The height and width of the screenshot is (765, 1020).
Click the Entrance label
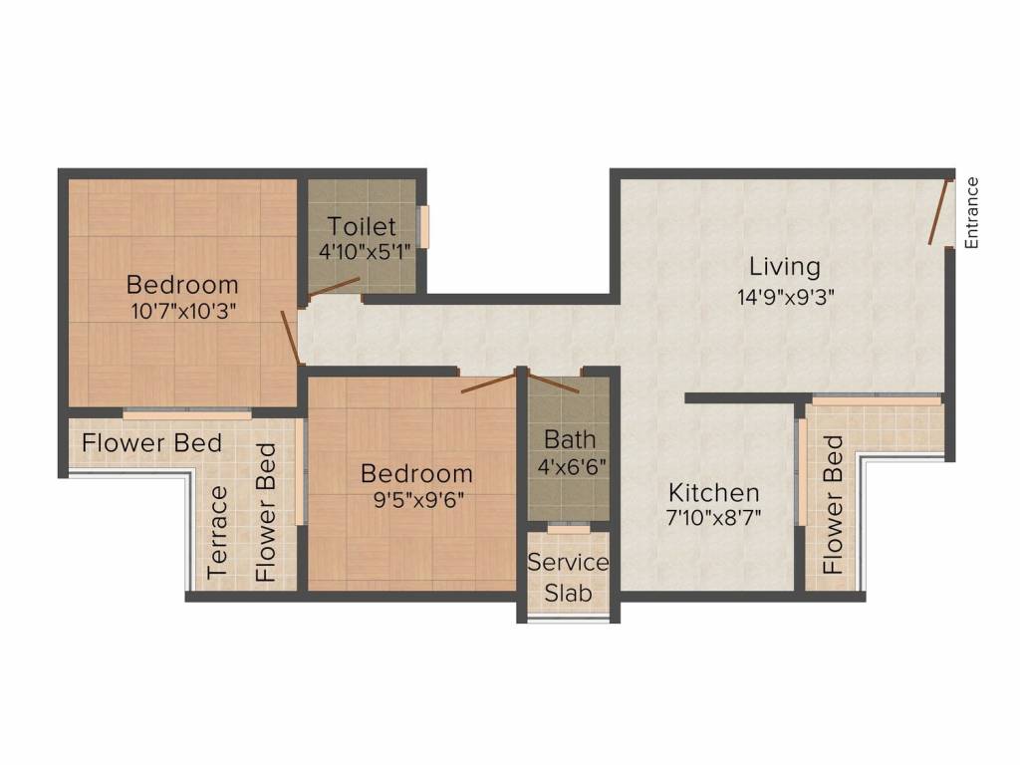(x=971, y=213)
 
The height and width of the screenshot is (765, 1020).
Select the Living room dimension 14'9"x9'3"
(x=785, y=297)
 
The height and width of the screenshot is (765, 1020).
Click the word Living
(x=785, y=267)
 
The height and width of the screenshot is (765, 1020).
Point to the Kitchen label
(x=713, y=492)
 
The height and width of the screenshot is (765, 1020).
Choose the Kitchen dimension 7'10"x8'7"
(x=714, y=518)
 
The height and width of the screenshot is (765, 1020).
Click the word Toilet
(x=362, y=226)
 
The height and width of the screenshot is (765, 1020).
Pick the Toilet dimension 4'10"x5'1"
(x=367, y=252)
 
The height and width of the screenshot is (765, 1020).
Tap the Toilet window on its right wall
(x=423, y=227)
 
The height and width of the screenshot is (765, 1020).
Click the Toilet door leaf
(x=333, y=287)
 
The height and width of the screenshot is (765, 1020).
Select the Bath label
(x=570, y=439)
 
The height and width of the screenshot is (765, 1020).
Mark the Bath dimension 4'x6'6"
(x=571, y=466)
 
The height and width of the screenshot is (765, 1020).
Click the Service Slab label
(x=568, y=578)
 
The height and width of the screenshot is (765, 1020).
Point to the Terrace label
(x=217, y=532)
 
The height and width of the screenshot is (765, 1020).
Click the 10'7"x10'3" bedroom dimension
(x=183, y=311)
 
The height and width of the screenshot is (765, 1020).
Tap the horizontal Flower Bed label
(x=152, y=443)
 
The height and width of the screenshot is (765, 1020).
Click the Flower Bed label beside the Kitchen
(x=834, y=505)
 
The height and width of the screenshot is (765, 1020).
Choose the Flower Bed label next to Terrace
(x=267, y=513)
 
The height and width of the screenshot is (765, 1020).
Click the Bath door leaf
(x=553, y=382)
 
